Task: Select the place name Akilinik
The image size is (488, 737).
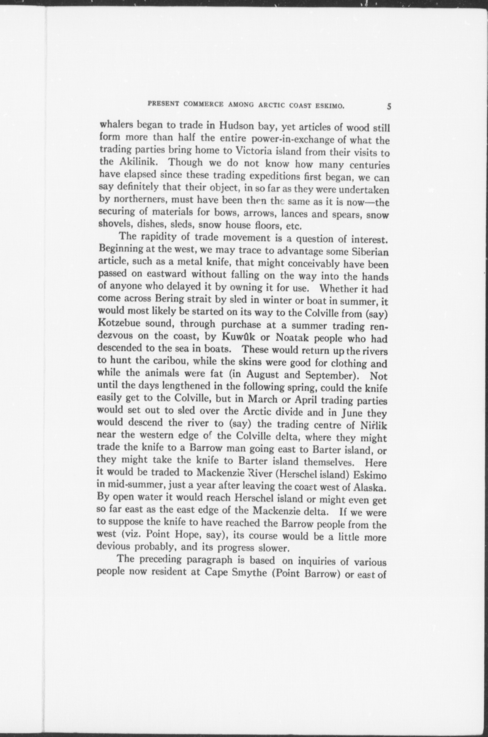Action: (x=137, y=162)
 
